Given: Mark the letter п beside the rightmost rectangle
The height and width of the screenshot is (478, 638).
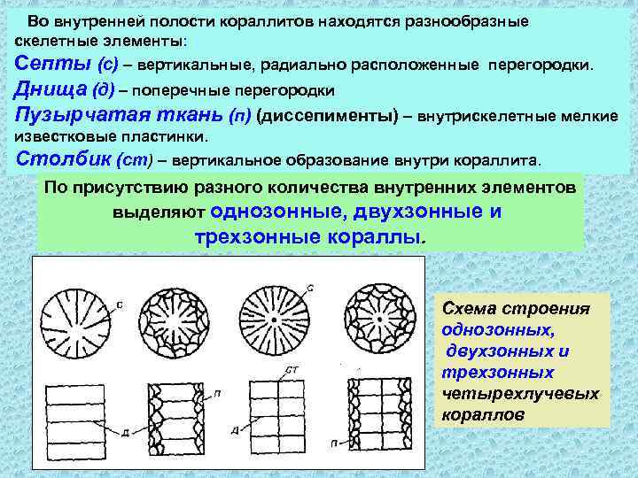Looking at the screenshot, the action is point(333,440).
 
